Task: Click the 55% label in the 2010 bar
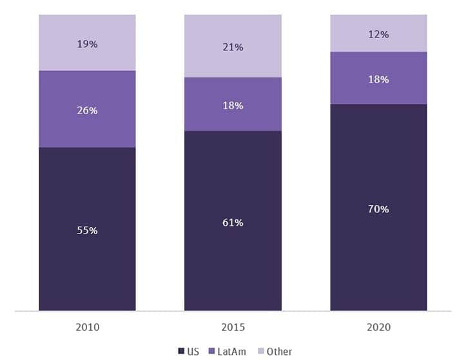coord(87,230)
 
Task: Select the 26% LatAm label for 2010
coord(87,110)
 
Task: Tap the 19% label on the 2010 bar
coord(87,44)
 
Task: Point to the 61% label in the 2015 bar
coord(233,223)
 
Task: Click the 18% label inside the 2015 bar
coord(233,105)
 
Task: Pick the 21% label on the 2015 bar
coord(233,47)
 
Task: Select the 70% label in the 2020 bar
coord(378,209)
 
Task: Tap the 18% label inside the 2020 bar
coord(378,79)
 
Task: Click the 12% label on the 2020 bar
coord(378,34)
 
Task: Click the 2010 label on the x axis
coord(87,327)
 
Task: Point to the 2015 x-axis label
coord(233,327)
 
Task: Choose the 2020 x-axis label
coord(378,327)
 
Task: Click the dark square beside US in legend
coord(181,352)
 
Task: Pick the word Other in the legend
coord(279,352)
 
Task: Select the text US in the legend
coord(193,352)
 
